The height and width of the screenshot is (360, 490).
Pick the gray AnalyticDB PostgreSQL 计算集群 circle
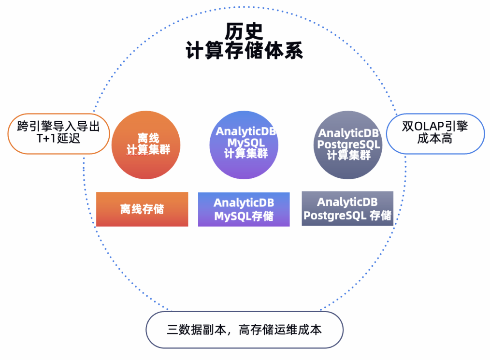(x=348, y=144)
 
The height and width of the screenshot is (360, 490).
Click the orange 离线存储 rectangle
(x=142, y=209)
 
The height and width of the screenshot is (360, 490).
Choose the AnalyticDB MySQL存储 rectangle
(x=244, y=209)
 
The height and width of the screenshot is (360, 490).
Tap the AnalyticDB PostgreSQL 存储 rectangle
(x=347, y=209)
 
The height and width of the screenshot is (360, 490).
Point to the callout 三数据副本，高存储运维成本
(x=245, y=330)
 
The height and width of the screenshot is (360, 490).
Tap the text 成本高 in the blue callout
(x=435, y=140)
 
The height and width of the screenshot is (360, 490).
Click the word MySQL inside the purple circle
(x=246, y=143)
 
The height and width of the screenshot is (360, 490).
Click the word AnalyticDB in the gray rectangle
(x=347, y=202)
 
